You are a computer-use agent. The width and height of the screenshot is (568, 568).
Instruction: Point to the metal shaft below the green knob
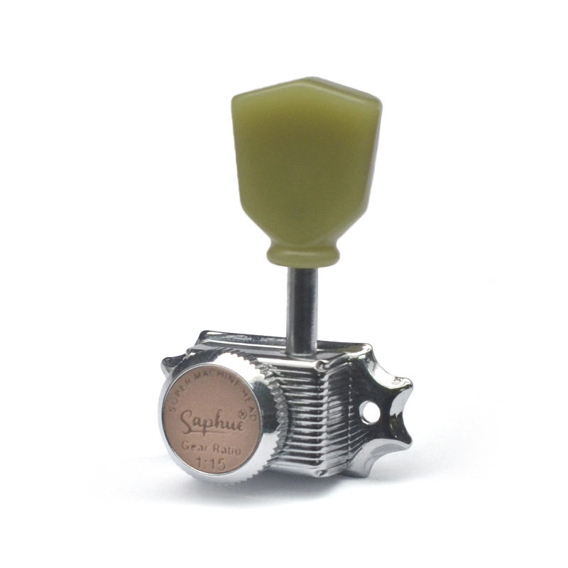click(302, 310)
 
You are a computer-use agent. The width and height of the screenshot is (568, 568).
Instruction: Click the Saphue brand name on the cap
click(212, 421)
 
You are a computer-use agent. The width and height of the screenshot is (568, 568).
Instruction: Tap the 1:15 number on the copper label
click(210, 464)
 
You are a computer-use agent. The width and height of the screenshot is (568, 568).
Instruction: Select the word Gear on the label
click(197, 446)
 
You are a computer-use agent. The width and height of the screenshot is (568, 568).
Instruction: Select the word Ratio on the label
click(227, 449)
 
